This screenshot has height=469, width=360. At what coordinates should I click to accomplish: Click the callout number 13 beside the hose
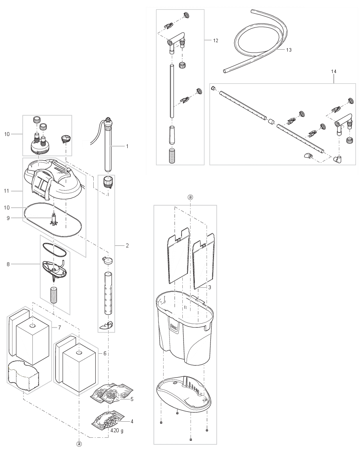coord(289,50)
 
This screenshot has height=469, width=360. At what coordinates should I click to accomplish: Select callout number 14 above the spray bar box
coord(333,72)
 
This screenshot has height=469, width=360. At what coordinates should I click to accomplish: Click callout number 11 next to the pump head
coord(7,191)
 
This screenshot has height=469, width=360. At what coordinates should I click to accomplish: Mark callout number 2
coord(127,245)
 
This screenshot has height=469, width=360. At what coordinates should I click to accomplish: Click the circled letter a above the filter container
coord(190,197)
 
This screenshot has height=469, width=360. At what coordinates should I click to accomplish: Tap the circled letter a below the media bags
coord(79,444)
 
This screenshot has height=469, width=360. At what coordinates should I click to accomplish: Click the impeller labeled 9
coord(54,219)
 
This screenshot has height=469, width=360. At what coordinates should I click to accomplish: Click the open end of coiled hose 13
coord(225,71)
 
